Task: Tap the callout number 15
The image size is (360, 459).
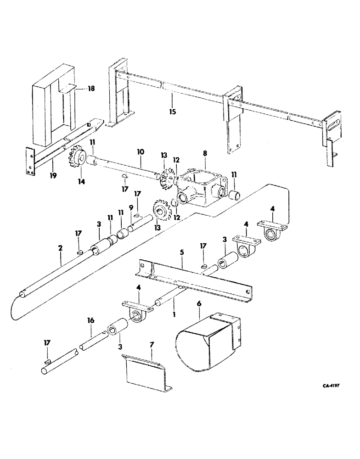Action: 172,111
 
